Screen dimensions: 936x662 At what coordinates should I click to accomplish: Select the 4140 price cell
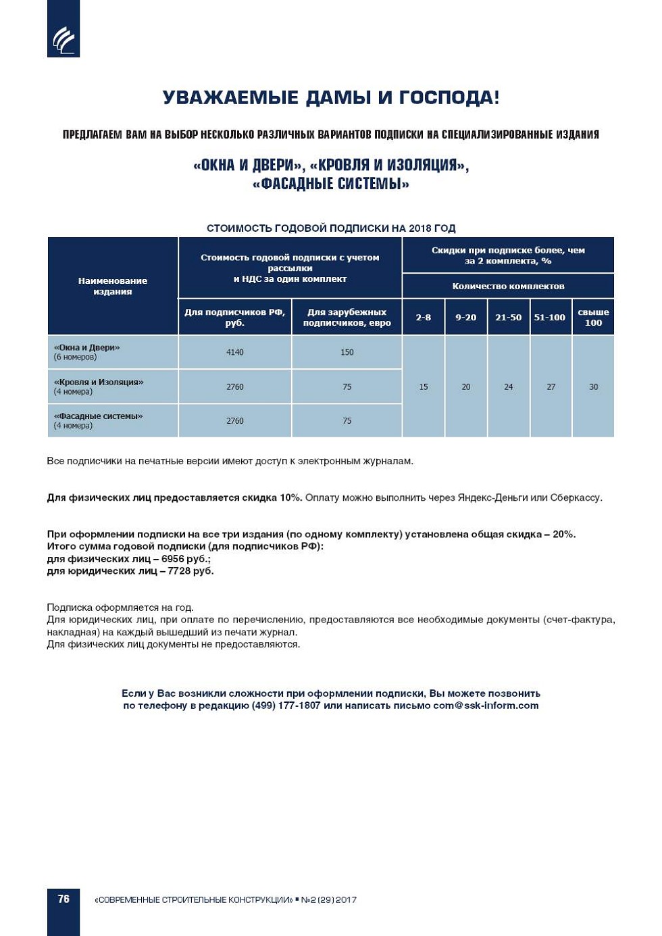coord(235,352)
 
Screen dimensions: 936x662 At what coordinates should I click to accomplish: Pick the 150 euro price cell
coord(347,352)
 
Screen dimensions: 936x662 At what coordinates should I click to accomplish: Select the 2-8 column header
coord(424,318)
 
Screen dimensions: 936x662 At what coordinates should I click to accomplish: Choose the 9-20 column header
coord(466,318)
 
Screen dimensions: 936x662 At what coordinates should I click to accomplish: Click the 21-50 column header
coord(509,318)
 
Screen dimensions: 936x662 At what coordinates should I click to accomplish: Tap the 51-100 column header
coord(550,318)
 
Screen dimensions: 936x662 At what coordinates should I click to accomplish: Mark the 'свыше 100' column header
coord(594,318)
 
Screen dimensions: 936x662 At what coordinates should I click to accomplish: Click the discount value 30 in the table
coord(594,387)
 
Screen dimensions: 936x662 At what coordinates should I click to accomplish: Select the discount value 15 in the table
coord(424,387)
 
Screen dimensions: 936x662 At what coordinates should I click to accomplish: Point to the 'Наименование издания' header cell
coord(113,286)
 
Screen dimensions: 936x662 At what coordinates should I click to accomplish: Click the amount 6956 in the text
coord(173,559)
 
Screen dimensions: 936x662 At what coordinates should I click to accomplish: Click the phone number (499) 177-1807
coord(286,706)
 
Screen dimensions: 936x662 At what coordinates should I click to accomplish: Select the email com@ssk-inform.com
coord(486,706)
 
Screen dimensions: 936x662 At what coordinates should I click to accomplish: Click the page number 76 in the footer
coord(63,899)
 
